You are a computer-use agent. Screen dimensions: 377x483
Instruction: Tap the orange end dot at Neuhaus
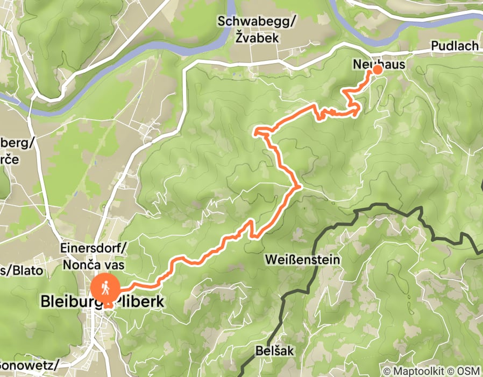[378, 69]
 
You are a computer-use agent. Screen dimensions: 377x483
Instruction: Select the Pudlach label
[454, 46]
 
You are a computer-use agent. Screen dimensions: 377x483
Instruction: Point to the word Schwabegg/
[250, 22]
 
